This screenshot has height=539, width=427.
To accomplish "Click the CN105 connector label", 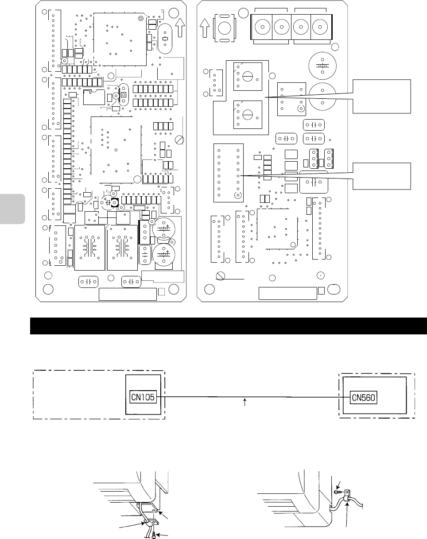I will [143, 397].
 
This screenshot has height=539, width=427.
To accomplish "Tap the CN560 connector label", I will [363, 397].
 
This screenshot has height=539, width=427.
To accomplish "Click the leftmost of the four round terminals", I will [262, 27].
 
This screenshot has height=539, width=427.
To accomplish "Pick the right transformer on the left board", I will [122, 247].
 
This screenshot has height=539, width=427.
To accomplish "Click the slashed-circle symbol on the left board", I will [179, 140].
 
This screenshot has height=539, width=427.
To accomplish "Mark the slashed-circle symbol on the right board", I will [218, 276].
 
